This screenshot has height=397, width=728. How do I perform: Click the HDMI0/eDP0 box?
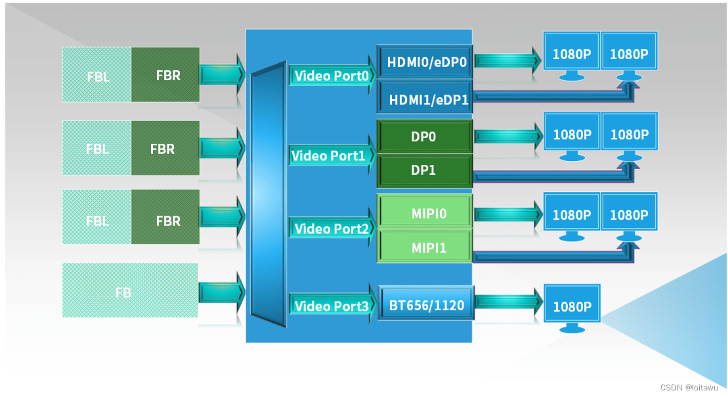click(x=425, y=62)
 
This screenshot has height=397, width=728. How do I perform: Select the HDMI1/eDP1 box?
click(x=425, y=99)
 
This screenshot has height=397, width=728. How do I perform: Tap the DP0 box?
click(x=424, y=137)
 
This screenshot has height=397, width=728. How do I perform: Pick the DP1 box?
click(x=424, y=170)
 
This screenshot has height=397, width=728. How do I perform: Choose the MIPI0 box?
click(x=424, y=214)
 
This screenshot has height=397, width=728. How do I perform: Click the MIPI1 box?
click(x=424, y=248)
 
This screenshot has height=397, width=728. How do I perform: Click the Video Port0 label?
click(x=331, y=76)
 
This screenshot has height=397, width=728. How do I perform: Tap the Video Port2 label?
click(x=331, y=229)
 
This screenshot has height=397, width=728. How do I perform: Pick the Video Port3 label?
click(x=331, y=306)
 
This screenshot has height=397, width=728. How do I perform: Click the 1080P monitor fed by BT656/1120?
click(x=572, y=308)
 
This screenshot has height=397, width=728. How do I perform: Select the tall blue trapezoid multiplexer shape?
click(x=268, y=195)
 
